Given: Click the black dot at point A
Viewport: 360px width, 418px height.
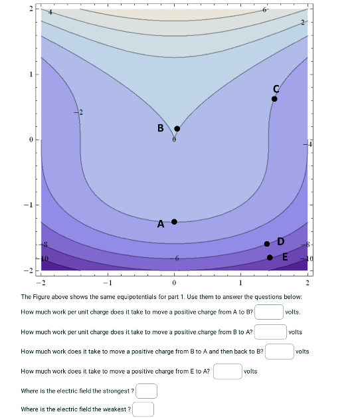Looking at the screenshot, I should click(175, 221).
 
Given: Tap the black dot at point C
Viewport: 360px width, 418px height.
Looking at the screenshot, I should click(274, 98).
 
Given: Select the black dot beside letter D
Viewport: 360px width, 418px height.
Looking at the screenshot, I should click(267, 244).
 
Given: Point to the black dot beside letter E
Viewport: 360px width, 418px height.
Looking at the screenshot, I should click(270, 257).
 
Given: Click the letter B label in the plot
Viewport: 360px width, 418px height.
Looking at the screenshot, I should click(160, 128).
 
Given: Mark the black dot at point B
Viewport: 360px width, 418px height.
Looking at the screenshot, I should click(177, 129).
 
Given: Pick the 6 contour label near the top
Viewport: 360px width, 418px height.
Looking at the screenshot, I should click(264, 10).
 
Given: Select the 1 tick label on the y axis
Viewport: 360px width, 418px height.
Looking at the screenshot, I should click(30, 74).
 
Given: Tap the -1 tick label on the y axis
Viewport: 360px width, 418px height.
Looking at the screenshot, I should click(29, 205).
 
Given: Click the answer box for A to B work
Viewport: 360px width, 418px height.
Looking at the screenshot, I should click(269, 312).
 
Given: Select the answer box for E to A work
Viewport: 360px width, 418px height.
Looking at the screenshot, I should click(227, 371).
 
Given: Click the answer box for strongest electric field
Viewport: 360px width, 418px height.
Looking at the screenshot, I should click(147, 391).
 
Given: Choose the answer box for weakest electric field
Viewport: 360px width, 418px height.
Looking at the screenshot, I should click(143, 409).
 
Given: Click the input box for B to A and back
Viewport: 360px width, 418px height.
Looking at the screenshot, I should click(280, 351).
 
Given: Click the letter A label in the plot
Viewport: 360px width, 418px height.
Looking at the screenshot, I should click(161, 225).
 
